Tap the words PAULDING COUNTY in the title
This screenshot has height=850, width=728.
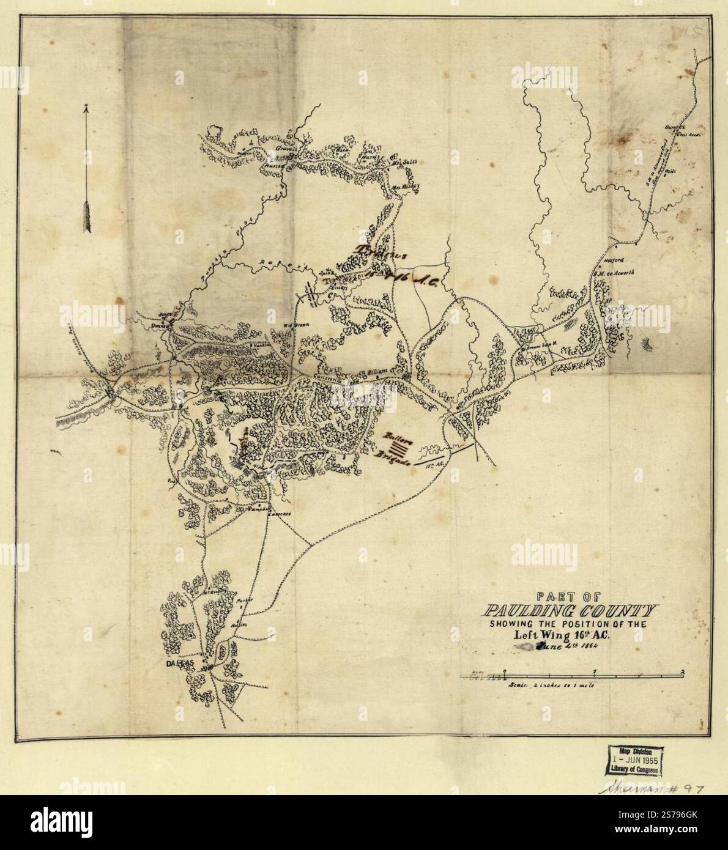569,611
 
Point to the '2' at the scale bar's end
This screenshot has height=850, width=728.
683,671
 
